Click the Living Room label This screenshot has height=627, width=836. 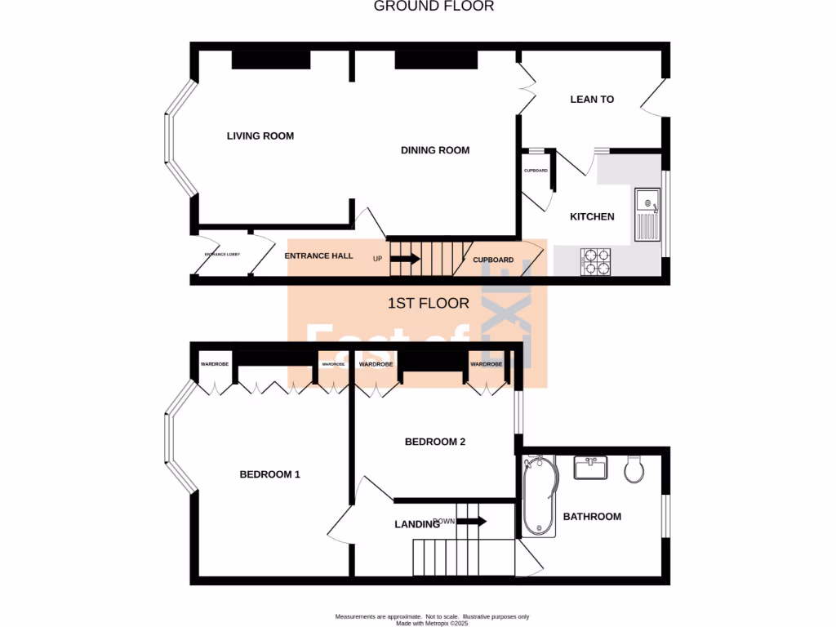(x=260, y=136)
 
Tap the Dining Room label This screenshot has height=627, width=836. (x=435, y=150)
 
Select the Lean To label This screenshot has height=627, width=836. (x=592, y=100)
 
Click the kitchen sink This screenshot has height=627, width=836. (x=647, y=215)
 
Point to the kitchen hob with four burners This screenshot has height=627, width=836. (x=595, y=260)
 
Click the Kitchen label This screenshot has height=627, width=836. (x=592, y=216)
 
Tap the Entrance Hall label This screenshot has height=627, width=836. (x=318, y=256)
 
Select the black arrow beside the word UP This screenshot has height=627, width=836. (x=405, y=259)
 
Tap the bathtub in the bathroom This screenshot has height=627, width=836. (x=538, y=496)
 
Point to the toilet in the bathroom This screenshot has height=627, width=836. (x=634, y=469)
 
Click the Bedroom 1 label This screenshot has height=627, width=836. (x=269, y=474)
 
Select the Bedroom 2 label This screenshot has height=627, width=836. (x=435, y=442)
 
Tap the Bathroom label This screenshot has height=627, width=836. (x=592, y=516)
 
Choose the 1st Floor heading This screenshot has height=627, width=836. (x=429, y=304)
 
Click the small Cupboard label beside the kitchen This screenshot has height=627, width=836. (x=536, y=171)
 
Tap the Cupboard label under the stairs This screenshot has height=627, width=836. (x=494, y=260)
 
